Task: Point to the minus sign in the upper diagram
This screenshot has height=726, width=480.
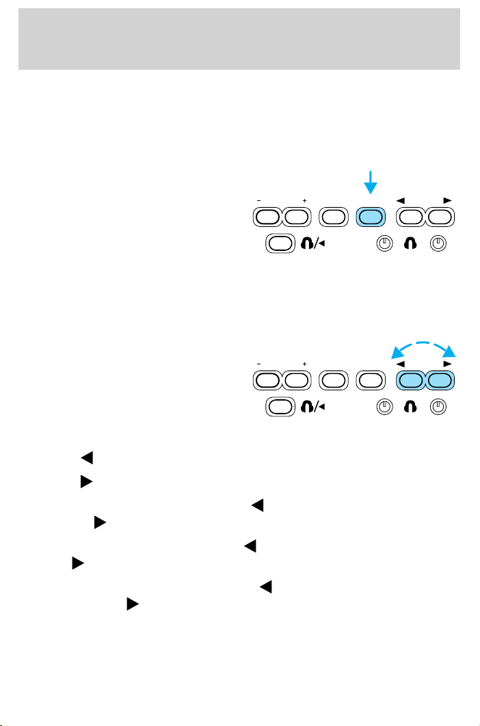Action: point(260,201)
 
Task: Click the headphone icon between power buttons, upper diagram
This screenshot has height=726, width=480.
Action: point(412,242)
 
